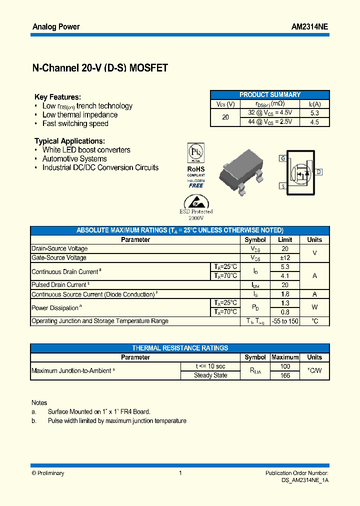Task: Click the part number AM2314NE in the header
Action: click(x=309, y=27)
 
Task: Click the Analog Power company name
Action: click(x=56, y=27)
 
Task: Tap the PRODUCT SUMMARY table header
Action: click(x=270, y=94)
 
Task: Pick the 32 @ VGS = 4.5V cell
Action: click(x=270, y=113)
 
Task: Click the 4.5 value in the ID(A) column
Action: click(x=314, y=122)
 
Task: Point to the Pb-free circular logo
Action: click(x=195, y=152)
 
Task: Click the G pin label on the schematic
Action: click(x=282, y=158)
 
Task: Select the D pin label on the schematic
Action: click(x=319, y=172)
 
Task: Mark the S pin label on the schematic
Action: click(x=282, y=186)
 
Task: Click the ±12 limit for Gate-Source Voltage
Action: click(x=285, y=258)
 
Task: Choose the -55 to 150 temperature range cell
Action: click(x=285, y=321)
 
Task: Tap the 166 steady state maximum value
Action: click(x=285, y=375)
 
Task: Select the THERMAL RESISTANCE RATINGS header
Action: click(x=180, y=348)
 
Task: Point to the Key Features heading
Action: click(x=57, y=97)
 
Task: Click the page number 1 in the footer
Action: click(x=180, y=473)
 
